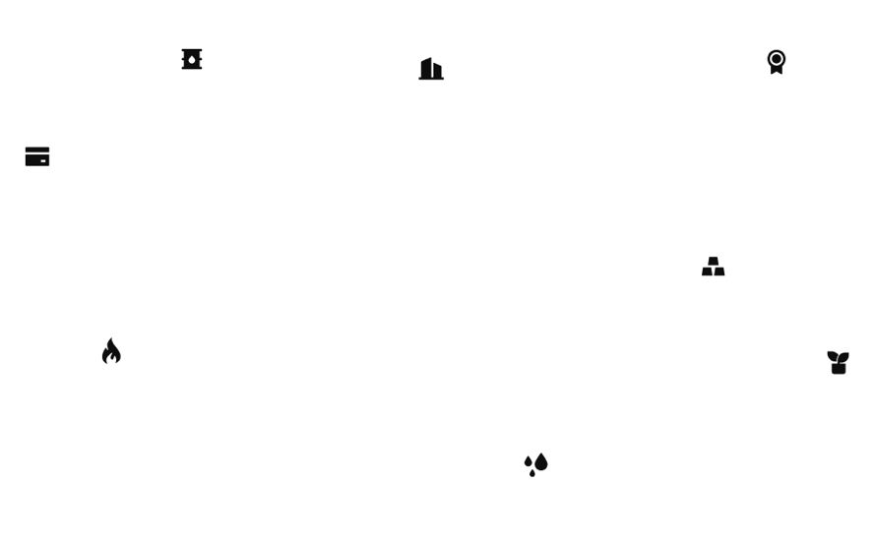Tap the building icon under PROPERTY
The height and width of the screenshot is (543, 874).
(430, 68)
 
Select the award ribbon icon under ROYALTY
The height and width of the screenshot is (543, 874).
(776, 61)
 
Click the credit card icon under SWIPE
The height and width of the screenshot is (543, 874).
(37, 155)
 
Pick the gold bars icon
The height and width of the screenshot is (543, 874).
(713, 266)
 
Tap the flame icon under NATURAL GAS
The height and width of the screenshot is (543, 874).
(111, 350)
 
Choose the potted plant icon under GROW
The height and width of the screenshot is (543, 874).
(838, 360)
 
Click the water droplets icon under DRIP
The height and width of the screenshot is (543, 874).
(534, 462)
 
